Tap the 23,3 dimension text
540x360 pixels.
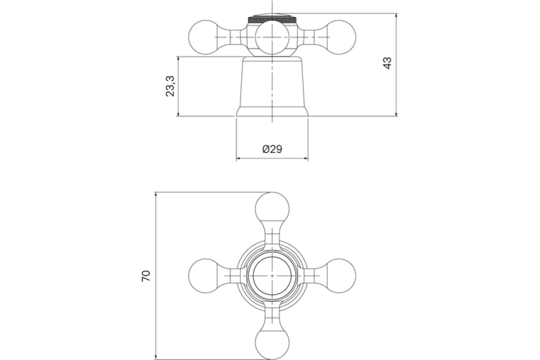pos(170,86)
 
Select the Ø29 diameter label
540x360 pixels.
pos(272,149)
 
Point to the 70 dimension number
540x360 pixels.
pos(146,276)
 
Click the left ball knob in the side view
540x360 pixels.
pos(205,37)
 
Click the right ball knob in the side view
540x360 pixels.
pos(339,37)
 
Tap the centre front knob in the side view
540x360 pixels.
pos(272,37)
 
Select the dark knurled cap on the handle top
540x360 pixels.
pos(272,19)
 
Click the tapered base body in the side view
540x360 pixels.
pos(272,86)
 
